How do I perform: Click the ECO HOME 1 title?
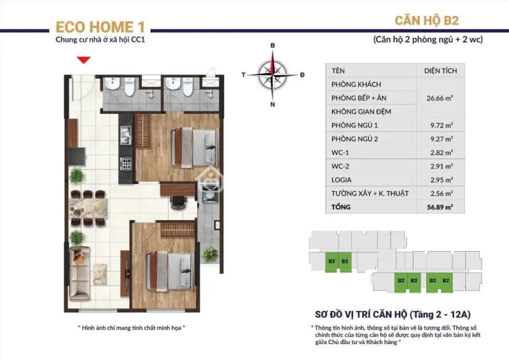[101, 27]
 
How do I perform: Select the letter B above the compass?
[272, 46]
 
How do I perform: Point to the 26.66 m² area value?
[440, 98]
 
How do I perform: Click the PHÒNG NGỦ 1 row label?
[354, 125]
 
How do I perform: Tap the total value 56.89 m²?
[439, 207]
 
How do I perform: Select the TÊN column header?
[338, 71]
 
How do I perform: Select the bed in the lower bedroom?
[168, 263]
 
